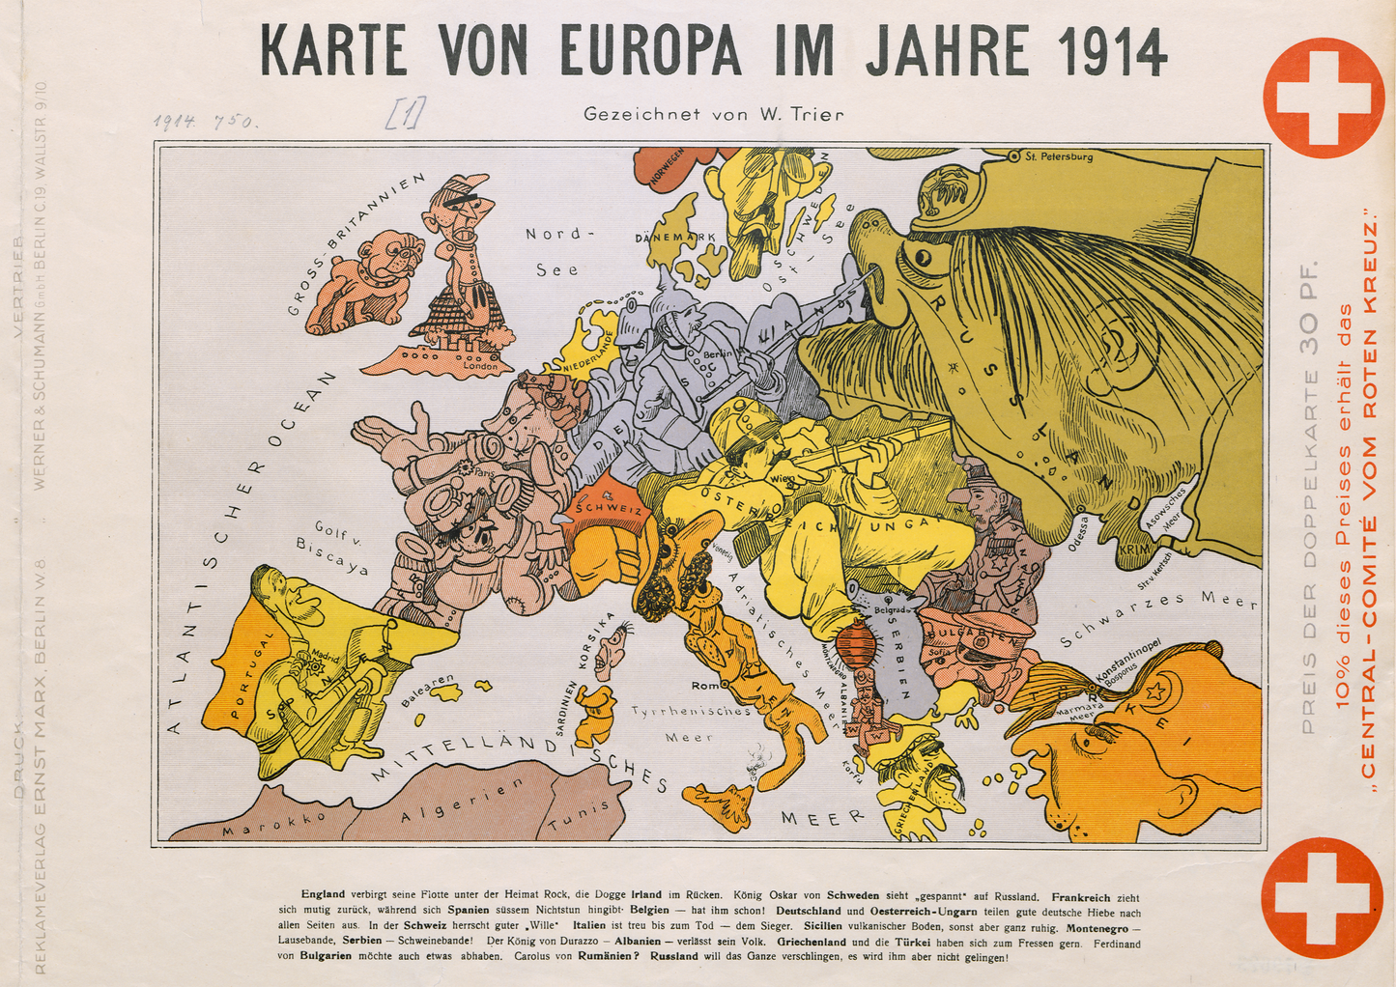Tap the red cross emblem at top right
pos(1323,98)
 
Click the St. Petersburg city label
pos(1058,155)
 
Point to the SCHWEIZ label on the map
pos(608,508)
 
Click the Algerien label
pos(462,800)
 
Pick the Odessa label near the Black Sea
pos(1082,533)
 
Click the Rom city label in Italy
pos(705,686)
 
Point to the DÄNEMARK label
pos(675,237)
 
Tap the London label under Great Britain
pos(480,366)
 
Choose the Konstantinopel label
pos(1127,667)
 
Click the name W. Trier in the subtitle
pos(802,114)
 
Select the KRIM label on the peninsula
pos(1132,549)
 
